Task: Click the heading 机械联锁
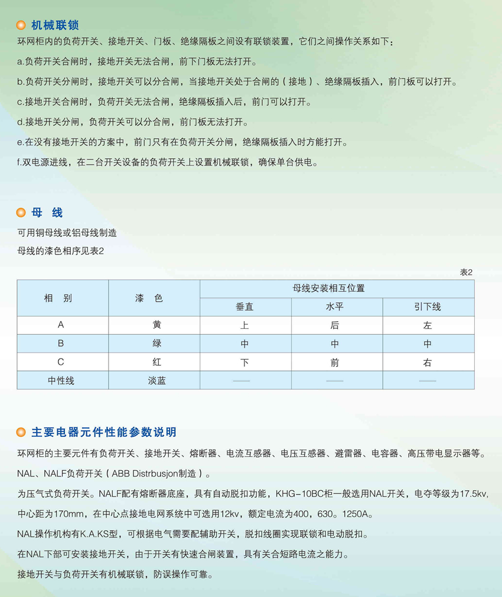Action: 55,25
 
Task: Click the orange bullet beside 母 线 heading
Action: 21,213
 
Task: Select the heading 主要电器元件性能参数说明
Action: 104,433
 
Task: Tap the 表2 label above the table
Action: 467,272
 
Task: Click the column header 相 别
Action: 58,298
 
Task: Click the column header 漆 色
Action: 153,298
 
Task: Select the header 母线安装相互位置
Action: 337,289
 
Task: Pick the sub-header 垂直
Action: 245,307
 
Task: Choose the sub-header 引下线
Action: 428,307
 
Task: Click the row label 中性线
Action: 61,381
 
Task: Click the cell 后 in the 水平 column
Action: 335,325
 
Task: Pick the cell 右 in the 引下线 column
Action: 428,363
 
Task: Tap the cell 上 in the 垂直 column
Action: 245,325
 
